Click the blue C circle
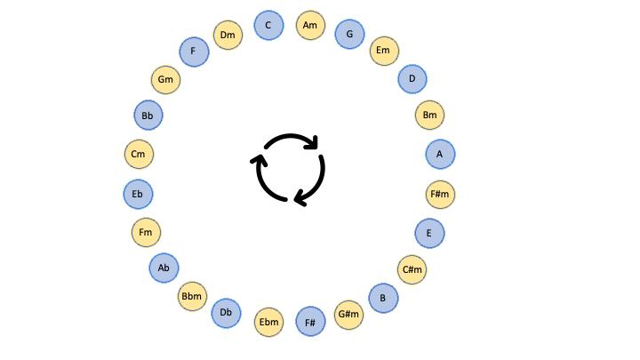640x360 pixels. tap(268, 25)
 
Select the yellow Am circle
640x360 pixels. tap(310, 25)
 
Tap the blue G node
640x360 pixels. tap(350, 34)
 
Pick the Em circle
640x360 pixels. tap(385, 51)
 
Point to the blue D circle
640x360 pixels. tap(412, 79)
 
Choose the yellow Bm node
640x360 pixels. tap(430, 115)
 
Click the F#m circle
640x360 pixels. tap(440, 195)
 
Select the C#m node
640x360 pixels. tap(412, 270)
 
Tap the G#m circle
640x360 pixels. tap(349, 315)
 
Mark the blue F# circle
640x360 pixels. tap(310, 322)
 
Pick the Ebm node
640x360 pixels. tap(269, 322)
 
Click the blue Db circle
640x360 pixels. tap(226, 313)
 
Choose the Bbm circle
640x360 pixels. tap(192, 296)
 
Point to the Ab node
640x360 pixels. tap(164, 268)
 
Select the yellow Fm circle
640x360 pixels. tap(146, 232)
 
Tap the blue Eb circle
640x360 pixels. tap(139, 195)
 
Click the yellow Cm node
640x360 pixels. tap(140, 155)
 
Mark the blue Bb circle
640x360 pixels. tap(148, 115)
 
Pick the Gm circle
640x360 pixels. tap(165, 80)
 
